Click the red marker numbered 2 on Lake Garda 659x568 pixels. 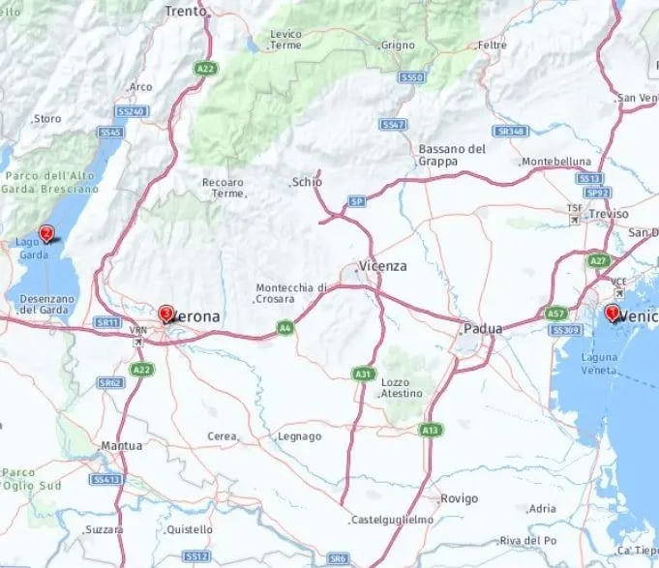45,233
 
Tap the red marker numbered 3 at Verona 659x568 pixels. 165,314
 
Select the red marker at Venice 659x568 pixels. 612,313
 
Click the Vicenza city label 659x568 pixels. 382,266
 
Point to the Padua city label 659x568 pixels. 483,329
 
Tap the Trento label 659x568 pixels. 186,12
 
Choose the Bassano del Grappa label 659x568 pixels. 452,155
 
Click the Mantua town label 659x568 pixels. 122,446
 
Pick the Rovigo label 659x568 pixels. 459,498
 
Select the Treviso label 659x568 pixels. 608,214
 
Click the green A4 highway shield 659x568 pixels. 285,328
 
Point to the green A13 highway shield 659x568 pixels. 431,429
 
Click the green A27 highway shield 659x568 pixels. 597,261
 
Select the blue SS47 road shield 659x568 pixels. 392,125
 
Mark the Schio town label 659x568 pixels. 308,182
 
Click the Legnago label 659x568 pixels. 300,436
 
